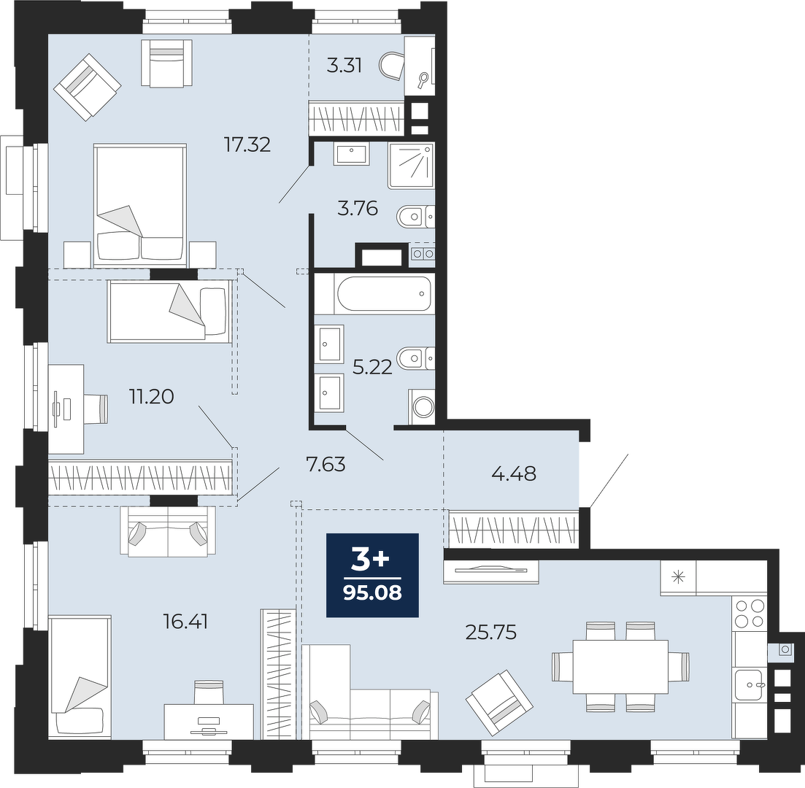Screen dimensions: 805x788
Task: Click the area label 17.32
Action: coord(247,144)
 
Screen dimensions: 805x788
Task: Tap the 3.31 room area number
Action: coord(344,66)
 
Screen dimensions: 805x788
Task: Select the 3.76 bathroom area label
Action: coord(358,209)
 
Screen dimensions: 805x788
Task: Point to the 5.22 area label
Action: coord(372,366)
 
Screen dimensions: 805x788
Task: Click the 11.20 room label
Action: coord(152,396)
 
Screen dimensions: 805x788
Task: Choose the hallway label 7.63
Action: coord(326,465)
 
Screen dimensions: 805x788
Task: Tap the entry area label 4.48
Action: coord(514,474)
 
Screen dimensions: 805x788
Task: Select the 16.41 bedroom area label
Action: coord(185,622)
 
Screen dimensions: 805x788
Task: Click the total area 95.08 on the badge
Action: coord(372,593)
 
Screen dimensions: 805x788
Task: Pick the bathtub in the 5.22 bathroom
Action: coord(385,293)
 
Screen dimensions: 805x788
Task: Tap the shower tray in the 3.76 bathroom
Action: coord(412,166)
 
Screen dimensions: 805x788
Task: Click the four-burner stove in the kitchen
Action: coord(750,614)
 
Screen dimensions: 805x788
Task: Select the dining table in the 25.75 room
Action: coord(620,667)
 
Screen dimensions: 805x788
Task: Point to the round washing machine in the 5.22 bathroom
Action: coord(423,408)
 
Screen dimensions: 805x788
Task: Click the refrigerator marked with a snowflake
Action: coord(678,578)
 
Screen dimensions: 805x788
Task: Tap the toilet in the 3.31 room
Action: coord(392,65)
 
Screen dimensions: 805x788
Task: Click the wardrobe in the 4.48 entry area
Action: coord(513,529)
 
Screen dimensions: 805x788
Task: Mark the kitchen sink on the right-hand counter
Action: coord(749,685)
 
